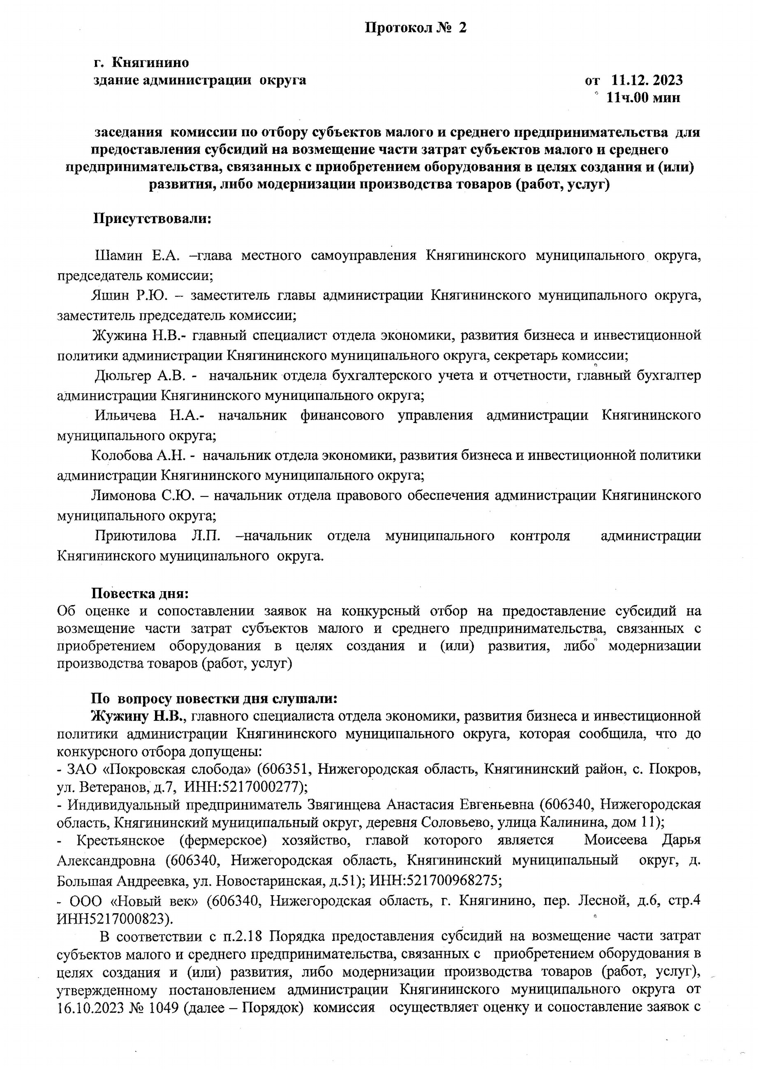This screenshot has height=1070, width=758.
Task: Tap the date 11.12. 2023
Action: click(647, 80)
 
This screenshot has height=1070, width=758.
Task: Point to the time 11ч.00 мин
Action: click(643, 97)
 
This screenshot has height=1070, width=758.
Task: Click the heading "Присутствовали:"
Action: click(152, 218)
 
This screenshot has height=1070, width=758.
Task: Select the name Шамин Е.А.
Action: click(137, 255)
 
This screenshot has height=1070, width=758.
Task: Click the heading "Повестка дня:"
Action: click(140, 594)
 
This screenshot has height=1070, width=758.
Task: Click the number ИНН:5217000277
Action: click(242, 787)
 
